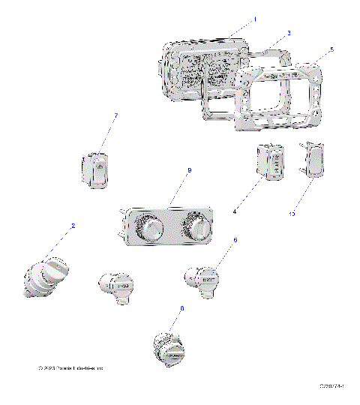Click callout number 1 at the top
tap(254, 18)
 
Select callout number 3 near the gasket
tap(289, 34)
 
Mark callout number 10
tap(293, 214)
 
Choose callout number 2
tap(73, 226)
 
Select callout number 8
tap(181, 308)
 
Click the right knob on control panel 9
tap(198, 229)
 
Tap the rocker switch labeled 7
tap(95, 169)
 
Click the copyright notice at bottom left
tap(71, 368)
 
